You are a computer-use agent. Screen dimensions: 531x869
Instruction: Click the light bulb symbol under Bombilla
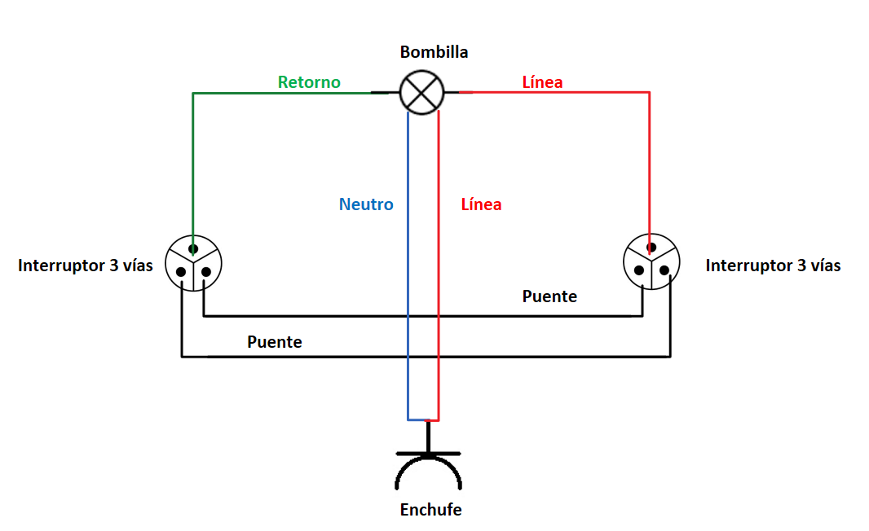point(421,92)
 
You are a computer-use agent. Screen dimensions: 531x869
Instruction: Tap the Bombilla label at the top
point(434,52)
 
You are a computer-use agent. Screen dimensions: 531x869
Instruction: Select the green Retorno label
point(309,82)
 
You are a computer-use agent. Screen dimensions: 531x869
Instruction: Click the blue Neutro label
point(366,204)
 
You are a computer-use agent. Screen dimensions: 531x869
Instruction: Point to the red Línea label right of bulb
point(542,82)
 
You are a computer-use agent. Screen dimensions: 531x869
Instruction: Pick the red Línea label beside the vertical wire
point(481,204)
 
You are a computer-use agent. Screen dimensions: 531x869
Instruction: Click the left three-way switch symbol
point(193,263)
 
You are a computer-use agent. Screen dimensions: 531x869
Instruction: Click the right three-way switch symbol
point(651,263)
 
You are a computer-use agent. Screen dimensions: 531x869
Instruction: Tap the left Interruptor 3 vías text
point(86,265)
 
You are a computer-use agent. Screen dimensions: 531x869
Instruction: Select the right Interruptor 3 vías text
point(773,265)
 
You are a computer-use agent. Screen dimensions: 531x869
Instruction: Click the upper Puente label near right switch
point(549,296)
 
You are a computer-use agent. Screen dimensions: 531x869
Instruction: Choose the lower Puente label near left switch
point(275,342)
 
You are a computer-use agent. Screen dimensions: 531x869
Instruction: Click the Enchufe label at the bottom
point(430,510)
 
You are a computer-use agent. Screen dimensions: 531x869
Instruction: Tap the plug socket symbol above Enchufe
point(429,468)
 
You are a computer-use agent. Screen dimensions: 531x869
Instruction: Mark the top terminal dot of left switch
point(193,248)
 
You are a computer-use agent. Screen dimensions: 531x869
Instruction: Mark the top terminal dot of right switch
point(651,248)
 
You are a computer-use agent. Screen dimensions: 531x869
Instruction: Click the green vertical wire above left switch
point(192,163)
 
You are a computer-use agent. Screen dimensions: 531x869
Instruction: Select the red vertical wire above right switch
point(650,163)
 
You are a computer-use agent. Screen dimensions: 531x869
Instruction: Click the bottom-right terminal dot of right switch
point(664,270)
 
